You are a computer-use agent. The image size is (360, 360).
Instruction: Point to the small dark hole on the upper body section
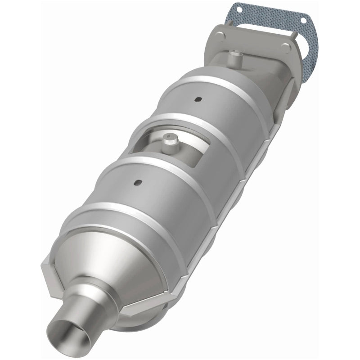point(197,99)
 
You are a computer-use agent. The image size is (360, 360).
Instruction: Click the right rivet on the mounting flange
point(285,47)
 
